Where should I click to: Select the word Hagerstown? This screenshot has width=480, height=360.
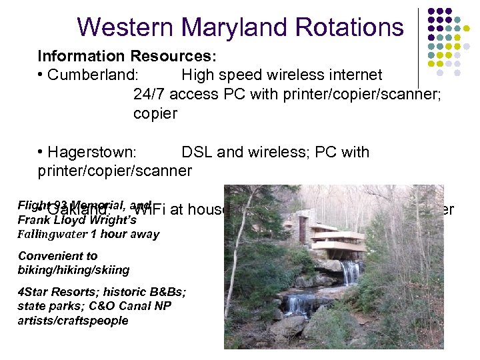[x=92, y=152]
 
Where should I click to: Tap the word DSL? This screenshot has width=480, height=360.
[x=197, y=152]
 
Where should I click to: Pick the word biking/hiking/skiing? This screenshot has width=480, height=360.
[x=73, y=269]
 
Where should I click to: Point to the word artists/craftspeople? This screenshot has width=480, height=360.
[x=73, y=321]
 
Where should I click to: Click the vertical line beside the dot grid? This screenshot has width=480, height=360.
[x=419, y=47]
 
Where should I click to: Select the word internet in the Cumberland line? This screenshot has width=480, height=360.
[x=353, y=75]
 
